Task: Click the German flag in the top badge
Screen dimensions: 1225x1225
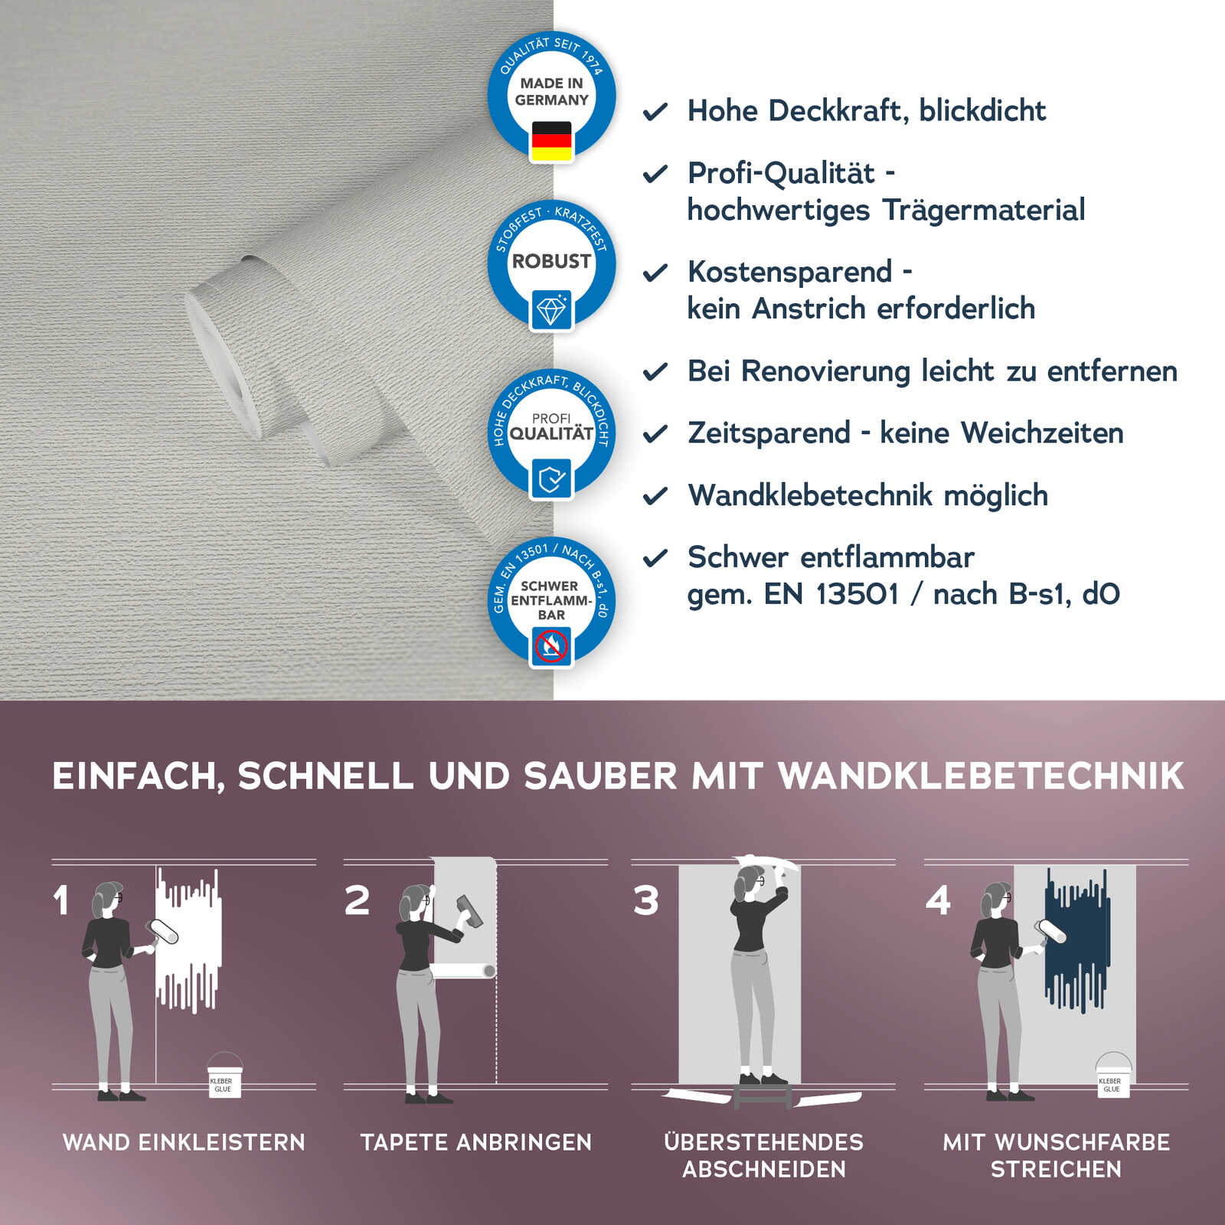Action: [x=551, y=141]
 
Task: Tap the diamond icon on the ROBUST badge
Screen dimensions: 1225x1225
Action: [x=551, y=310]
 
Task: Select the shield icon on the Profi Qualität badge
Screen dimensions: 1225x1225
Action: [x=551, y=479]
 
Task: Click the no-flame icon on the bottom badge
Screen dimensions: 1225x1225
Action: [x=551, y=647]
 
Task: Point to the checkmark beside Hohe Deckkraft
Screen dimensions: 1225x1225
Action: [x=655, y=113]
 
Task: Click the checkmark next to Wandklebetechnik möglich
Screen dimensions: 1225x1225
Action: [x=655, y=497]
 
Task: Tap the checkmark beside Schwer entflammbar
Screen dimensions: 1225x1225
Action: [x=655, y=559]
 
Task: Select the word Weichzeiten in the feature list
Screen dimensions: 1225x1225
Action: [x=1042, y=433]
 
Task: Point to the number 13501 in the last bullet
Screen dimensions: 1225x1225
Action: [x=857, y=594]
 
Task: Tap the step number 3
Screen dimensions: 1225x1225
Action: [x=646, y=900]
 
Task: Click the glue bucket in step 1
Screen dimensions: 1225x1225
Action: [x=224, y=1077]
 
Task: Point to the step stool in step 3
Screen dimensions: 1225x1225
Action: [x=763, y=1093]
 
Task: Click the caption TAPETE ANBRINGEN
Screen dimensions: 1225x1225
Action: [x=476, y=1142]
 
